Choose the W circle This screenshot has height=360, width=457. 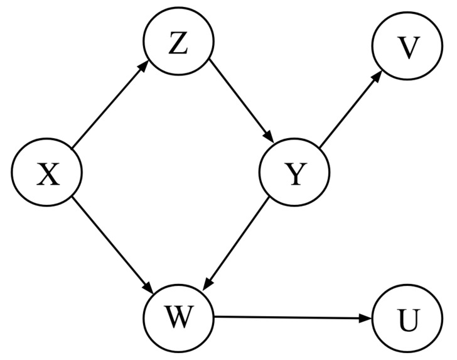pyautogui.click(x=179, y=318)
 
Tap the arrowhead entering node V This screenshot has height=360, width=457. pyautogui.click(x=379, y=75)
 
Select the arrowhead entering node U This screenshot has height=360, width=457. pyautogui.click(x=367, y=319)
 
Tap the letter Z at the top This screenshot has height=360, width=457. pyautogui.click(x=178, y=44)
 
